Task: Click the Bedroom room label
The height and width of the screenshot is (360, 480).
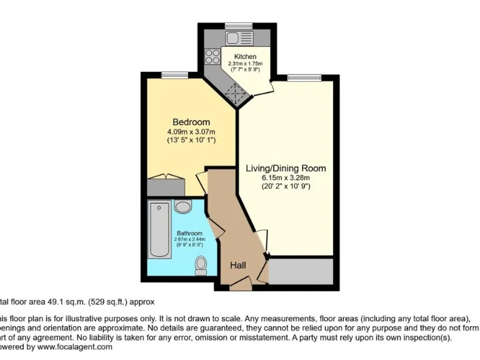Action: [x=191, y=122]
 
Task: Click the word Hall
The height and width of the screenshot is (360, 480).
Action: [x=237, y=266]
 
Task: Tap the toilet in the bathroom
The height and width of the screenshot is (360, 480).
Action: [x=201, y=265]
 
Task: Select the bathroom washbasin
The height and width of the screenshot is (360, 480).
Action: [x=183, y=207]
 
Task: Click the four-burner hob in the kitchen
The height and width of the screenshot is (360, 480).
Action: [x=212, y=56]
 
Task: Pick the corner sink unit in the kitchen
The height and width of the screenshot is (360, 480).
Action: [x=236, y=95]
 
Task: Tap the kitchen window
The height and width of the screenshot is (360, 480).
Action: [x=239, y=26]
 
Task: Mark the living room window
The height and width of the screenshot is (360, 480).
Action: [x=304, y=77]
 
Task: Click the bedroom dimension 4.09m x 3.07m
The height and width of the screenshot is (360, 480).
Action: [x=191, y=132]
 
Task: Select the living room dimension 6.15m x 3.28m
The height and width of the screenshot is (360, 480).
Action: [x=286, y=178]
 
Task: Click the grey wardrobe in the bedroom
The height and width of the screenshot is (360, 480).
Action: [x=165, y=186]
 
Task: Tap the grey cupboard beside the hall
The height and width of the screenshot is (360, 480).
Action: [x=300, y=271]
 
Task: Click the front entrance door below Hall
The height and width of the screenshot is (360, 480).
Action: [x=240, y=285]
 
